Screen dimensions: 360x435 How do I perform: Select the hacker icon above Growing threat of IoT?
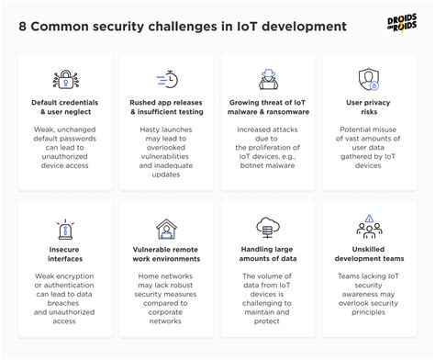coord(270,79)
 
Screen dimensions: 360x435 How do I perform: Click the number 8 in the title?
coord(23,26)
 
